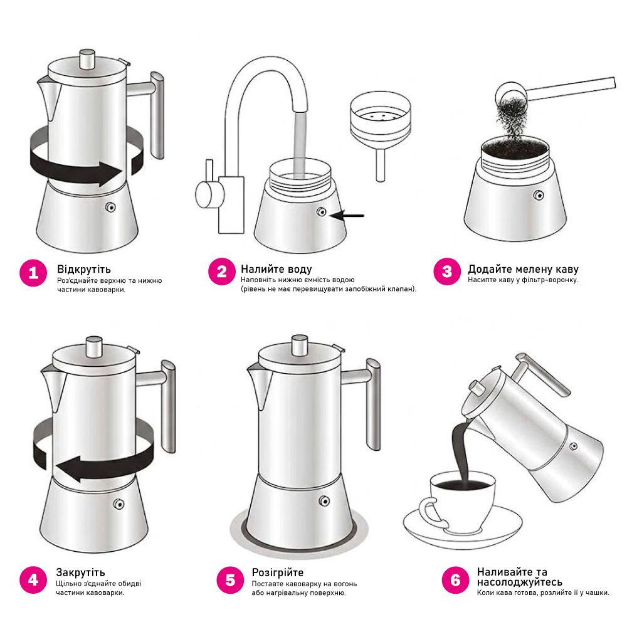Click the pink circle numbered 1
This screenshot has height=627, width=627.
point(33,273)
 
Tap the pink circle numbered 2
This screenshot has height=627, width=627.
point(221,272)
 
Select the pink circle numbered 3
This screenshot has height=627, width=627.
point(447,271)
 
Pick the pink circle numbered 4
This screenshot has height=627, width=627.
point(33,579)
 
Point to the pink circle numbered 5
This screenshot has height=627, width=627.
point(230,580)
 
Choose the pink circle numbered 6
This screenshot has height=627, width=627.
point(455,580)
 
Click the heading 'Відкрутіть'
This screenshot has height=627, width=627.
point(84,269)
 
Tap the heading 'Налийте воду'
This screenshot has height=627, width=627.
point(277,269)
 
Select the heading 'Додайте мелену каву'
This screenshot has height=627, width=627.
point(523,269)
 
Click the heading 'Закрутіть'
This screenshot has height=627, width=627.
point(80,572)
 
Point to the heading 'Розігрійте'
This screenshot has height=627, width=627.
point(278,572)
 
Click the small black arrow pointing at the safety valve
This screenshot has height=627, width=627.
point(347,216)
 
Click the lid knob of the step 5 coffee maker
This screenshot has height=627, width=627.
point(300,345)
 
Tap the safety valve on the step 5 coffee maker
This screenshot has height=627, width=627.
point(324,500)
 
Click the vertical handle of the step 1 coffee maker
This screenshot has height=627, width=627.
point(157,116)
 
